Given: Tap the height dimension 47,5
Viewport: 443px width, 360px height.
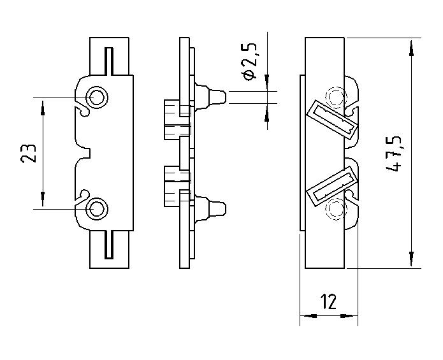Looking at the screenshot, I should pyautogui.click(x=396, y=154).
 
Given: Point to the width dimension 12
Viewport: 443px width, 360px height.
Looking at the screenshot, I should pyautogui.click(x=328, y=301).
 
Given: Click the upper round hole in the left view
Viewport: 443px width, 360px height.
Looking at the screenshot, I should pyautogui.click(x=99, y=97).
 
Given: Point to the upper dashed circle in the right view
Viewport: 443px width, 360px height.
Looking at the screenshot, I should pyautogui.click(x=335, y=97).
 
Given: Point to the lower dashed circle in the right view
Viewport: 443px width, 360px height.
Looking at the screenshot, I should pyautogui.click(x=335, y=209).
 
